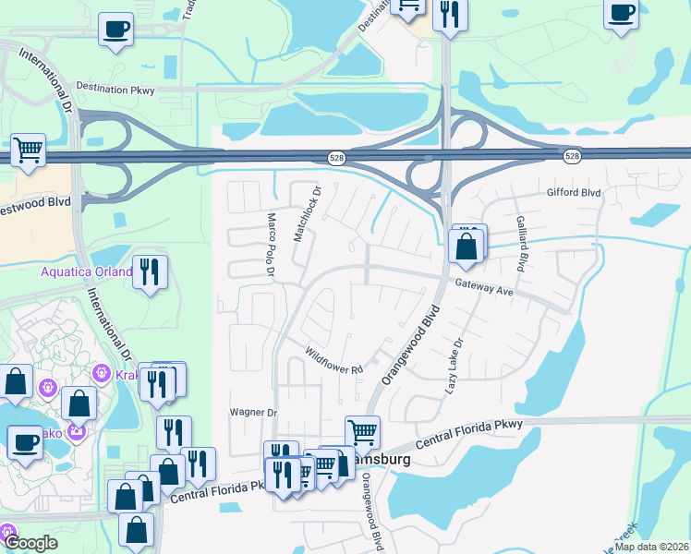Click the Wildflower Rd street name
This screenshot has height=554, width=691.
(x=334, y=361)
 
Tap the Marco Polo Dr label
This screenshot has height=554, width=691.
(x=272, y=246)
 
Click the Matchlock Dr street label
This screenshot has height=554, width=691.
(x=307, y=215)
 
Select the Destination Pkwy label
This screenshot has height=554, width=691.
(x=115, y=89)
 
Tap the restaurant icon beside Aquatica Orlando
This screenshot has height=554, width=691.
(x=150, y=272)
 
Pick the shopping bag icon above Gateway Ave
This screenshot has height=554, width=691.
(x=467, y=247)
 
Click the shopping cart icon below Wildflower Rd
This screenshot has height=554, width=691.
(x=362, y=431)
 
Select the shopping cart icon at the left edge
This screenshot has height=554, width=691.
(x=29, y=150)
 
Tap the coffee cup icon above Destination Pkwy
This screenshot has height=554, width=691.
(x=116, y=29)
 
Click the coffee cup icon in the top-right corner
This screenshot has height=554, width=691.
(x=622, y=15)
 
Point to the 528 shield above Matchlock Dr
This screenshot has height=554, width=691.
(x=336, y=158)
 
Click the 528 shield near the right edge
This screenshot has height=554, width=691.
(x=573, y=157)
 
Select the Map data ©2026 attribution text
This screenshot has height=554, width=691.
(x=651, y=547)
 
